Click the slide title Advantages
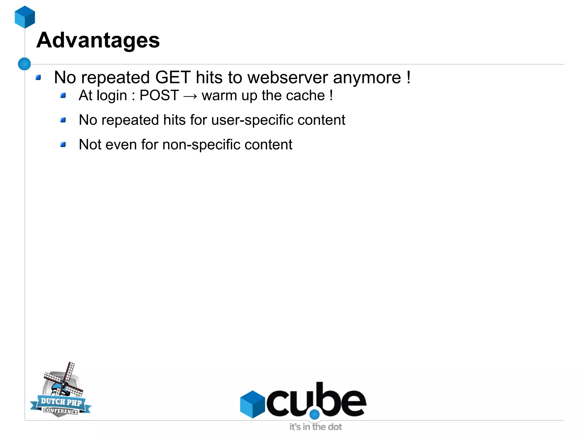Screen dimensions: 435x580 98,40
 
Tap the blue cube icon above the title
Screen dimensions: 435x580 25,17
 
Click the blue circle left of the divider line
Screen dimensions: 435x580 24,64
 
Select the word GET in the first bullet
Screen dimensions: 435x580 173,77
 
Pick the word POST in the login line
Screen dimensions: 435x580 159,96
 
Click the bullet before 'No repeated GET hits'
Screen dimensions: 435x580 38,77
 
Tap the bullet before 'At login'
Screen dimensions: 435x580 63,96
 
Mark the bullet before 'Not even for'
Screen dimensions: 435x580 63,145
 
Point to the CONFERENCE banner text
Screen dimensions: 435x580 60,411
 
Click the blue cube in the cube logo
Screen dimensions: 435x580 252,404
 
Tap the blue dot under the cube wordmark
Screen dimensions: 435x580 314,415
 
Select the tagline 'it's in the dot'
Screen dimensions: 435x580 315,427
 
